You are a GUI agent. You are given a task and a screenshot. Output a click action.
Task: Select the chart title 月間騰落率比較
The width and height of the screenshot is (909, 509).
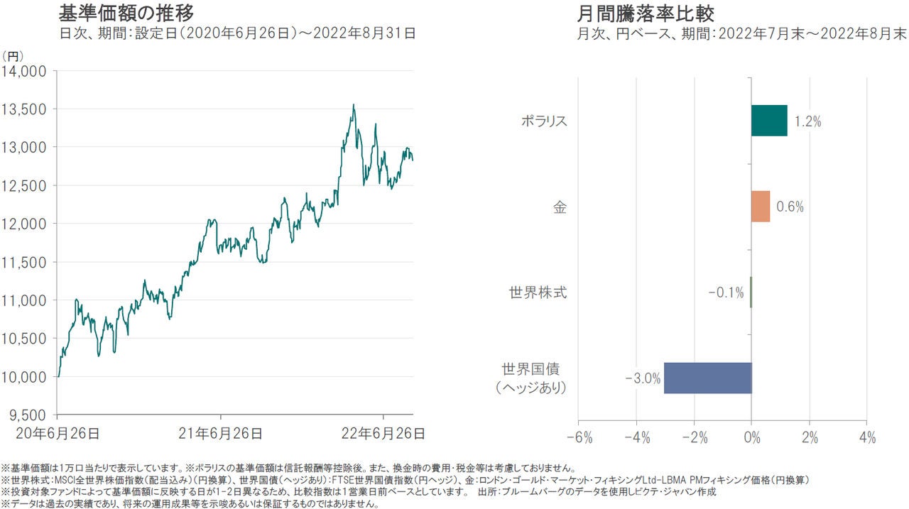tap(646, 13)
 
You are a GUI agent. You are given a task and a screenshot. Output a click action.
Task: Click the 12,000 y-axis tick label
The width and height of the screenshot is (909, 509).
tap(26, 224)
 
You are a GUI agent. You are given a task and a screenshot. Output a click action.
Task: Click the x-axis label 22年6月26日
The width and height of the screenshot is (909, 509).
tap(383, 432)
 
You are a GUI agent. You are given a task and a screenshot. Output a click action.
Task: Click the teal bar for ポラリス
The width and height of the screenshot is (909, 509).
tap(769, 121)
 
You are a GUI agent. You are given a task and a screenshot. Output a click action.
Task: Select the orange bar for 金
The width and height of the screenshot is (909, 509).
tap(761, 207)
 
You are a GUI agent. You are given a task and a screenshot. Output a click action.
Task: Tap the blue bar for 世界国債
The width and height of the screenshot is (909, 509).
tap(707, 378)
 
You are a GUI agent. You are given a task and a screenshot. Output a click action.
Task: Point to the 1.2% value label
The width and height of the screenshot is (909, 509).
tap(808, 121)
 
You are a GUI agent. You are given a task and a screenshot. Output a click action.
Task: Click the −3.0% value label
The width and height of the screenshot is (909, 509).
tap(642, 378)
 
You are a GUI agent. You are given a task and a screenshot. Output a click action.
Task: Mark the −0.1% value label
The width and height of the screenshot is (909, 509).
tap(726, 292)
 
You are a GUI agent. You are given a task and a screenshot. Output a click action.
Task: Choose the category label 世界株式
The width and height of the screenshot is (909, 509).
tap(538, 292)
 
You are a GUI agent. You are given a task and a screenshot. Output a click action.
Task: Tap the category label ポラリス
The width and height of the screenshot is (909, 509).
tap(544, 121)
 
